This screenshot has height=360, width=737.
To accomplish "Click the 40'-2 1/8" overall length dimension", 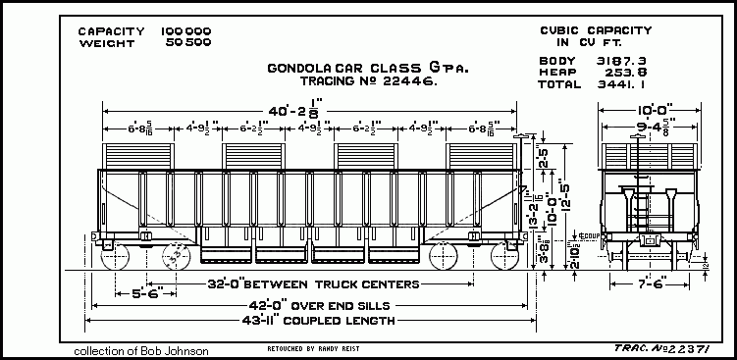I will click(x=317, y=113).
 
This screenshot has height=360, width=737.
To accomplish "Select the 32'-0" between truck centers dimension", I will click(x=315, y=284).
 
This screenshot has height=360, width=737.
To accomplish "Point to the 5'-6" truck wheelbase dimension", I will click(x=134, y=292).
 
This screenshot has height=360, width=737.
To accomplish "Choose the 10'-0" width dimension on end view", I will click(x=653, y=110).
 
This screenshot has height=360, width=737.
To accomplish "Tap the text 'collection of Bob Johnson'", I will click(x=140, y=350).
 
